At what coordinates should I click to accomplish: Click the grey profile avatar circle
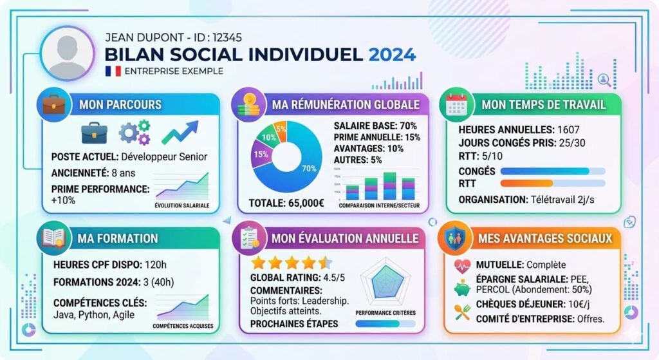[67, 53]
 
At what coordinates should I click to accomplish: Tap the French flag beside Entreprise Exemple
[113, 71]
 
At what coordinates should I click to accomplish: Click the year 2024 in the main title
[392, 53]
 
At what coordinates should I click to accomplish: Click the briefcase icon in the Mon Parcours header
[54, 104]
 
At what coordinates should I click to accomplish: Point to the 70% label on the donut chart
[309, 169]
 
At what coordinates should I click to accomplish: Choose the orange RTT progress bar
[526, 184]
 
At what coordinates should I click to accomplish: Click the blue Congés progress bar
[544, 171]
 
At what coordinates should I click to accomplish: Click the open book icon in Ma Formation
[53, 238]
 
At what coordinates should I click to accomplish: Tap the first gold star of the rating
[258, 263]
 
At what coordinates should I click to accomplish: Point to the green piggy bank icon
[462, 288]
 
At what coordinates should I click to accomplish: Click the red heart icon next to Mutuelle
[462, 265]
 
